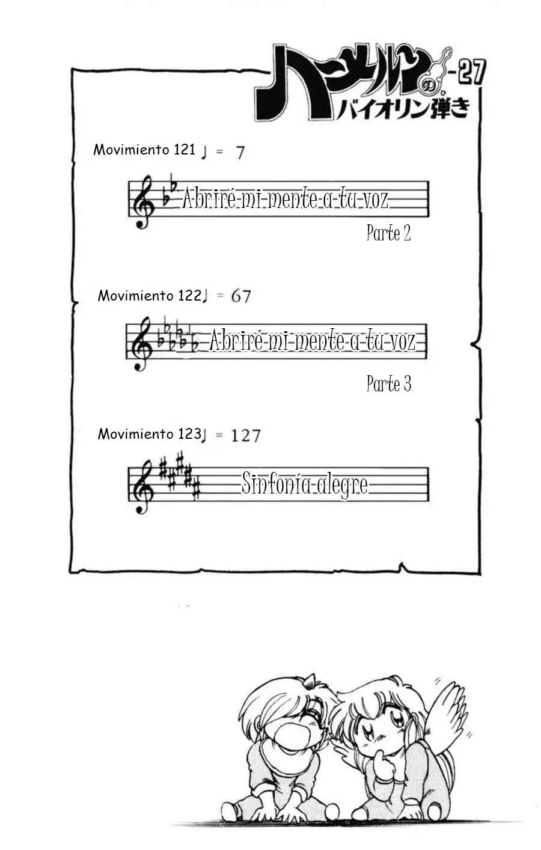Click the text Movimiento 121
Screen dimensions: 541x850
click(x=144, y=150)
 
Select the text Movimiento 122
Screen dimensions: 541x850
click(x=150, y=296)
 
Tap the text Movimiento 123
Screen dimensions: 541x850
click(x=150, y=434)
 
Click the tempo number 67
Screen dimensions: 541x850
click(x=241, y=296)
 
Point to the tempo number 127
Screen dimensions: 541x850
click(x=246, y=436)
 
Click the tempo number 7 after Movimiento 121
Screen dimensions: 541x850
click(x=240, y=153)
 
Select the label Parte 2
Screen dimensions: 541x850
click(x=388, y=233)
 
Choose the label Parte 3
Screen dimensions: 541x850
click(x=389, y=384)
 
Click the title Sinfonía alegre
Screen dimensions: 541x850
click(x=305, y=485)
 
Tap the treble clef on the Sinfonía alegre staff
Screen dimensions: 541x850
click(x=143, y=487)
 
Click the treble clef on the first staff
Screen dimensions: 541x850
click(x=144, y=202)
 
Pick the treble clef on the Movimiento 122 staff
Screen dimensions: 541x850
click(x=141, y=344)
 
